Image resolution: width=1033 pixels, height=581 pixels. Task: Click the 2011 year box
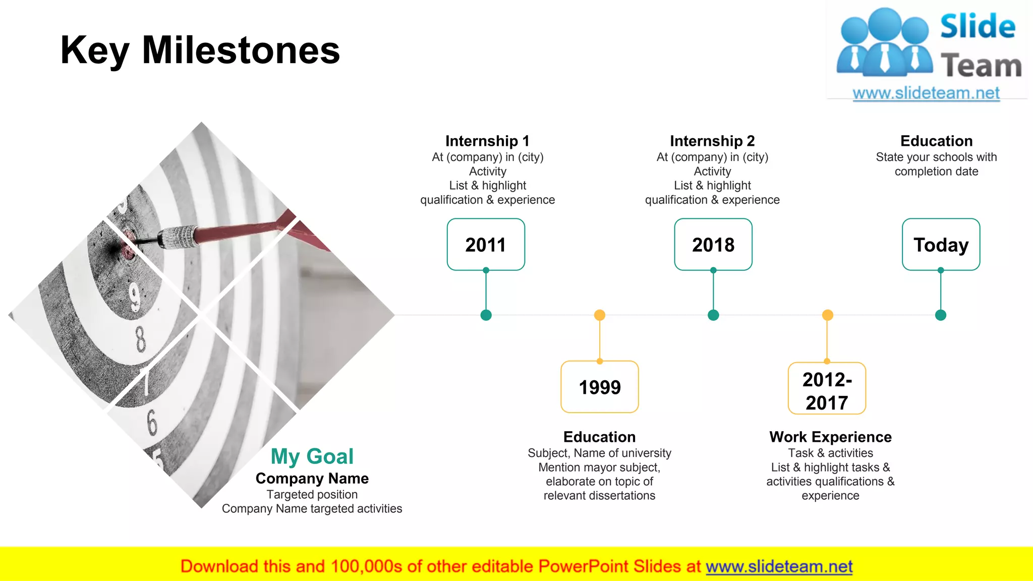point(486,245)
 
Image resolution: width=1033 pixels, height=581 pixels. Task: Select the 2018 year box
point(713,245)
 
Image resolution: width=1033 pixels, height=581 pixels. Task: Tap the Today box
point(941,245)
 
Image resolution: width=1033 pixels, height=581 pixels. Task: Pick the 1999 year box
point(599,387)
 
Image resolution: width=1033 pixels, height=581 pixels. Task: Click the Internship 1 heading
point(487,141)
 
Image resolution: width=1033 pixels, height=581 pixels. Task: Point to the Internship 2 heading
point(712,141)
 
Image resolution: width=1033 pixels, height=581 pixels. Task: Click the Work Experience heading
point(830,437)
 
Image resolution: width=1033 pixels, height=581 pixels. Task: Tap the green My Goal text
point(312,456)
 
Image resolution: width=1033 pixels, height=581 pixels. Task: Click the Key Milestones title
point(200,50)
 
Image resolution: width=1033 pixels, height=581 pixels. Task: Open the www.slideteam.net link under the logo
point(926,93)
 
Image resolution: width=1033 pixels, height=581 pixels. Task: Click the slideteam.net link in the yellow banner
point(779,566)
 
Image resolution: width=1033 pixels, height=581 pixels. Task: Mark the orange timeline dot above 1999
point(599,315)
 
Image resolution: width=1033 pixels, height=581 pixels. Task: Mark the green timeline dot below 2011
point(486,315)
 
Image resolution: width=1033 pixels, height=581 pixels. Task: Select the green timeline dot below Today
point(941,315)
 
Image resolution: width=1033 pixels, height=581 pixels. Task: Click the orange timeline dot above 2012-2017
point(827,315)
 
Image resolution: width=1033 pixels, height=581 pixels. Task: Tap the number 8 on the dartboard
point(141,339)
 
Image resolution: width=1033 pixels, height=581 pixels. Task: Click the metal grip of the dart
point(178,237)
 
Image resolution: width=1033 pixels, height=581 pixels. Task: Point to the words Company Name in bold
point(312,478)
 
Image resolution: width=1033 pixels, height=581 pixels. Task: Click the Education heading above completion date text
point(936,141)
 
